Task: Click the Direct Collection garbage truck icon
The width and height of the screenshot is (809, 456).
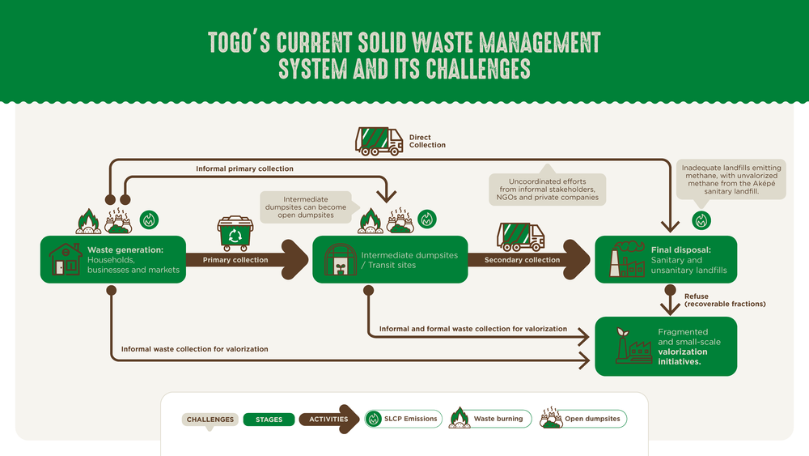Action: tap(379, 141)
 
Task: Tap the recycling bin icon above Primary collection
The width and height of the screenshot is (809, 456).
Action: tap(235, 233)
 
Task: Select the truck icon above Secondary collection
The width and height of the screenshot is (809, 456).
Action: tap(520, 237)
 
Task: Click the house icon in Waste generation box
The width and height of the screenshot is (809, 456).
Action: tap(66, 259)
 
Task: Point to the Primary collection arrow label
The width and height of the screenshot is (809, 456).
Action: tap(235, 260)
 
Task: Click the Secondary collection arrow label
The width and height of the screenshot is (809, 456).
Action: tap(522, 260)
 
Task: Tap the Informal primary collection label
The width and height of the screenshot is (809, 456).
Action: tap(244, 168)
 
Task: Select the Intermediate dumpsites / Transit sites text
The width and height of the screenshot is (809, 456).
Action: tap(409, 260)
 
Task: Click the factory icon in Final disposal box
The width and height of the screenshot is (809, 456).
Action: tap(627, 259)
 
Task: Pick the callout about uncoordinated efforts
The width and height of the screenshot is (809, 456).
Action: tap(548, 189)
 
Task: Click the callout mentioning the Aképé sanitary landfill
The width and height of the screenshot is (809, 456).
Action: tap(731, 180)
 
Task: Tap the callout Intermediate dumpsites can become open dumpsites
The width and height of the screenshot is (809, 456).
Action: tap(306, 207)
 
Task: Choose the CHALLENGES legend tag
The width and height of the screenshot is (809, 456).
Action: tap(210, 420)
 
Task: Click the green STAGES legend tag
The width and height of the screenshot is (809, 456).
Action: tap(269, 420)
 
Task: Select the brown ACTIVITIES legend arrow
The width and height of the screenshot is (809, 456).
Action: tap(328, 419)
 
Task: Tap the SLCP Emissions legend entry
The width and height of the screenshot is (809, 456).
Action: tap(404, 419)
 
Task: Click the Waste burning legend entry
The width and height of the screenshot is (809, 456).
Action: tap(490, 418)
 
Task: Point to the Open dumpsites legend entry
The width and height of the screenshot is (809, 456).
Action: tap(583, 418)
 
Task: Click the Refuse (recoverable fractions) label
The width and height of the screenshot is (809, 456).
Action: tap(725, 300)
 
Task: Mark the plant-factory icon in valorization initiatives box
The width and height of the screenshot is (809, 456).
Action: tap(633, 346)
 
